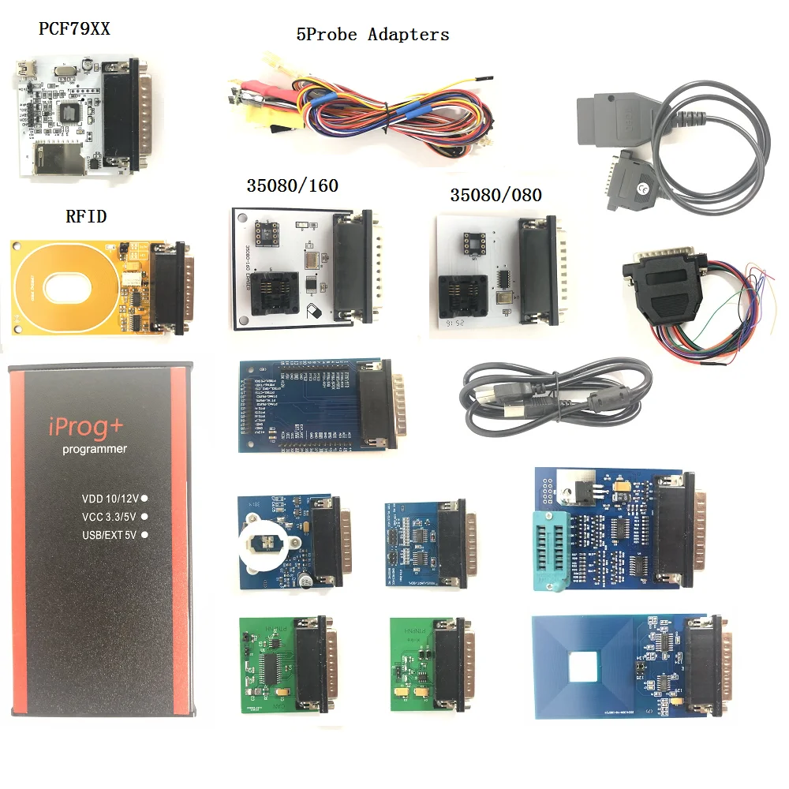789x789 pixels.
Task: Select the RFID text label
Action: click(x=86, y=216)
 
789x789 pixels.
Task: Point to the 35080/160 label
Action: click(x=291, y=186)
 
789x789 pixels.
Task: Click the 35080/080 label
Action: click(x=495, y=195)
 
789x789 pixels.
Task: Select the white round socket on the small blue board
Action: click(x=264, y=543)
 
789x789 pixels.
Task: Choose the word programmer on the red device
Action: click(x=95, y=450)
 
